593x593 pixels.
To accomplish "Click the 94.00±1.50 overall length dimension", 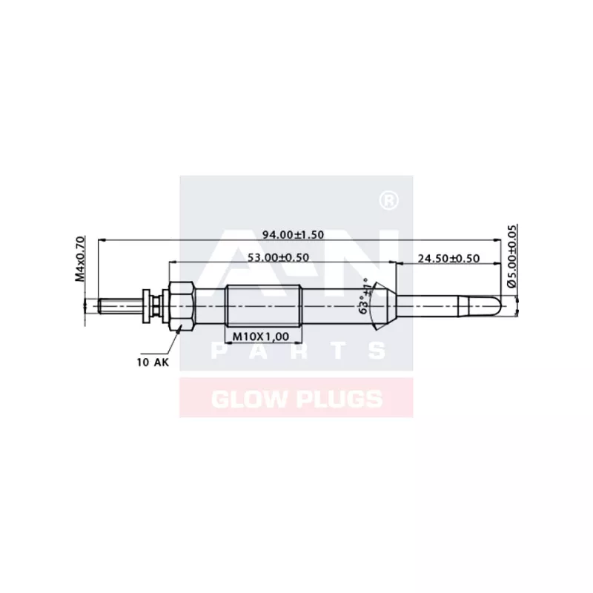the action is [293, 235].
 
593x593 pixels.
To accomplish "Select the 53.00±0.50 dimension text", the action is [279, 257].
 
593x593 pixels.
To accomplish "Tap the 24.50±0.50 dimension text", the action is [448, 258].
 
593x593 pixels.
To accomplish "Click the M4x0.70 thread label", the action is [80, 259].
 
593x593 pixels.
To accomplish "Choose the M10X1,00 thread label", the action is [261, 336].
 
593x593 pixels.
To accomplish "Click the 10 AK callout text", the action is [153, 362].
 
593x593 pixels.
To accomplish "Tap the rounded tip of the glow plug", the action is [501, 305].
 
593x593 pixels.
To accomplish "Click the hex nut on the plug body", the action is [182, 305].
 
